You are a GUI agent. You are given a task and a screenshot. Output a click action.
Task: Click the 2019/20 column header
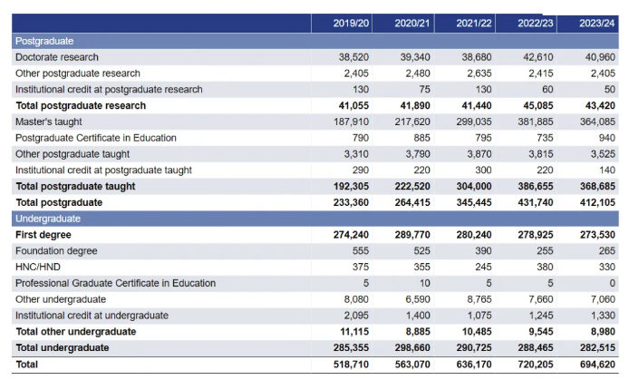(351, 24)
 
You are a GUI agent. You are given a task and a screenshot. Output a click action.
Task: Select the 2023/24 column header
(597, 24)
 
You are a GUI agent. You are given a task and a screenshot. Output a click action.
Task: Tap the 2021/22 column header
(474, 24)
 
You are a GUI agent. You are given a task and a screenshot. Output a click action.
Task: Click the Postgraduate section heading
(44, 41)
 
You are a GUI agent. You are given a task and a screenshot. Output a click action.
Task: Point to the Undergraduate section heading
(48, 219)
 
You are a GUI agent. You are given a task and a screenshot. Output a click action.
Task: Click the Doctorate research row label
(57, 57)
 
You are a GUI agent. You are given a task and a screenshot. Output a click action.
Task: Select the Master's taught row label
(49, 122)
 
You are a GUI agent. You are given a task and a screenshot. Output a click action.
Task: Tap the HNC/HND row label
(38, 267)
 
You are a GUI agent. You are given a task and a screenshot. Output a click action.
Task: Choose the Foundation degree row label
(56, 251)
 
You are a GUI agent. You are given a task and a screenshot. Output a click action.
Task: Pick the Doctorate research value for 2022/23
(538, 57)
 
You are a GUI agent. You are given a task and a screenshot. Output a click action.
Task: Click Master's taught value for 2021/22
(474, 122)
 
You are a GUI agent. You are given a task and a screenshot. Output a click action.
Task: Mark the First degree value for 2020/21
(412, 235)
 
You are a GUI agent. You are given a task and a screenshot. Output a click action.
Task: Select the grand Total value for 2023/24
(597, 365)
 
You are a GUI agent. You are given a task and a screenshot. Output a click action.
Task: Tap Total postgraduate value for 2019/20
(351, 202)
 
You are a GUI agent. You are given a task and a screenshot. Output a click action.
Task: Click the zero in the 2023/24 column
(612, 283)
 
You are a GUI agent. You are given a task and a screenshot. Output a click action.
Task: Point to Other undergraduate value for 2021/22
(479, 299)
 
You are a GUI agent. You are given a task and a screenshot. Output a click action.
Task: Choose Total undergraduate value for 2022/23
(536, 347)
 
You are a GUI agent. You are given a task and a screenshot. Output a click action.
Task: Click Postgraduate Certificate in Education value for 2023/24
(607, 138)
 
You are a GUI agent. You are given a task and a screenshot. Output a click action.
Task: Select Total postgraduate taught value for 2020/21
(412, 186)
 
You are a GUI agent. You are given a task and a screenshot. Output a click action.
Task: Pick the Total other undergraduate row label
(76, 331)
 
